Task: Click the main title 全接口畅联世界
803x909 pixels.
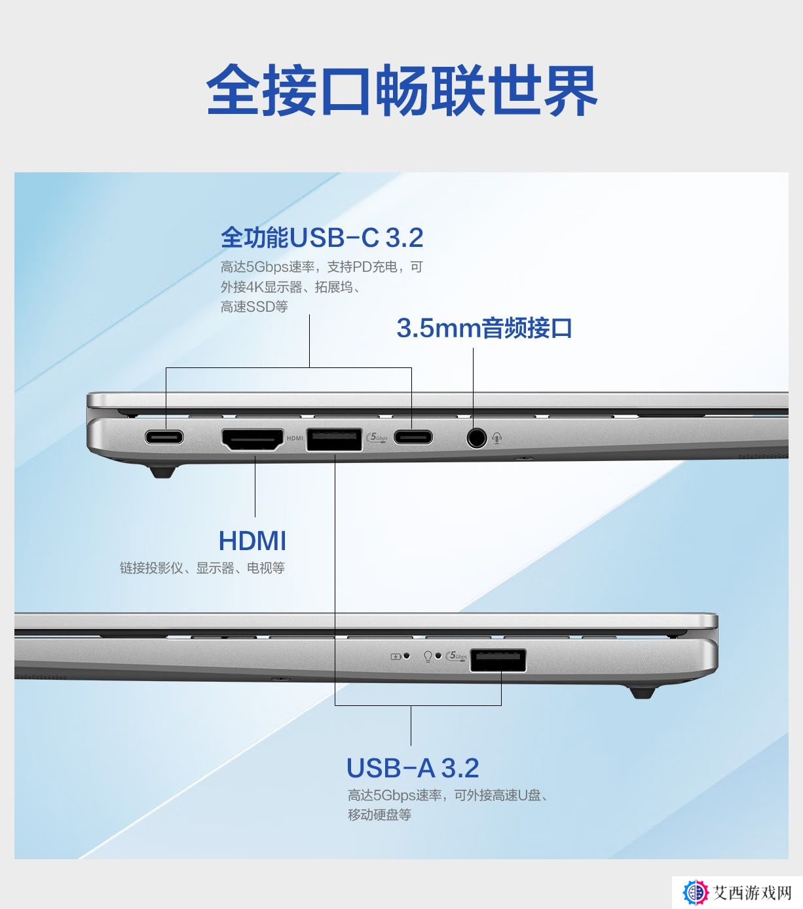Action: click(x=401, y=90)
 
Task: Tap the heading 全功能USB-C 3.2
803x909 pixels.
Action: click(x=322, y=237)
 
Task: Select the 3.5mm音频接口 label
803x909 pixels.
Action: click(x=484, y=328)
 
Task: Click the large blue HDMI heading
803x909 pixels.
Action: click(x=252, y=541)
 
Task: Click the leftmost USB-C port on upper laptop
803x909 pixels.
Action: click(x=164, y=437)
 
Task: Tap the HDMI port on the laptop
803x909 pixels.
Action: click(x=253, y=439)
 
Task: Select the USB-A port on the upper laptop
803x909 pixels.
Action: click(x=335, y=439)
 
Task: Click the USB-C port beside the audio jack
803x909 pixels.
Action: click(x=413, y=437)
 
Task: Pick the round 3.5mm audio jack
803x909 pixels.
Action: click(x=476, y=437)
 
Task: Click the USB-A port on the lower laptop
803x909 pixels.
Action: click(x=498, y=661)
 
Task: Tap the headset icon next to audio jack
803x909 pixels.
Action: click(x=497, y=438)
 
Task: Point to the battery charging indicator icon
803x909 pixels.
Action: click(x=396, y=657)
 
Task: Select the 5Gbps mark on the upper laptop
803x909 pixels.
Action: click(x=377, y=437)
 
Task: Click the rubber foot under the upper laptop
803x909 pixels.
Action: click(x=162, y=472)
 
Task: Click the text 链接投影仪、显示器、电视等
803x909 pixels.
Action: click(x=202, y=568)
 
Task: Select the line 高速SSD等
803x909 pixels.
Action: click(x=254, y=307)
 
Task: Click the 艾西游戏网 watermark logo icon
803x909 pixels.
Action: click(x=696, y=893)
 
